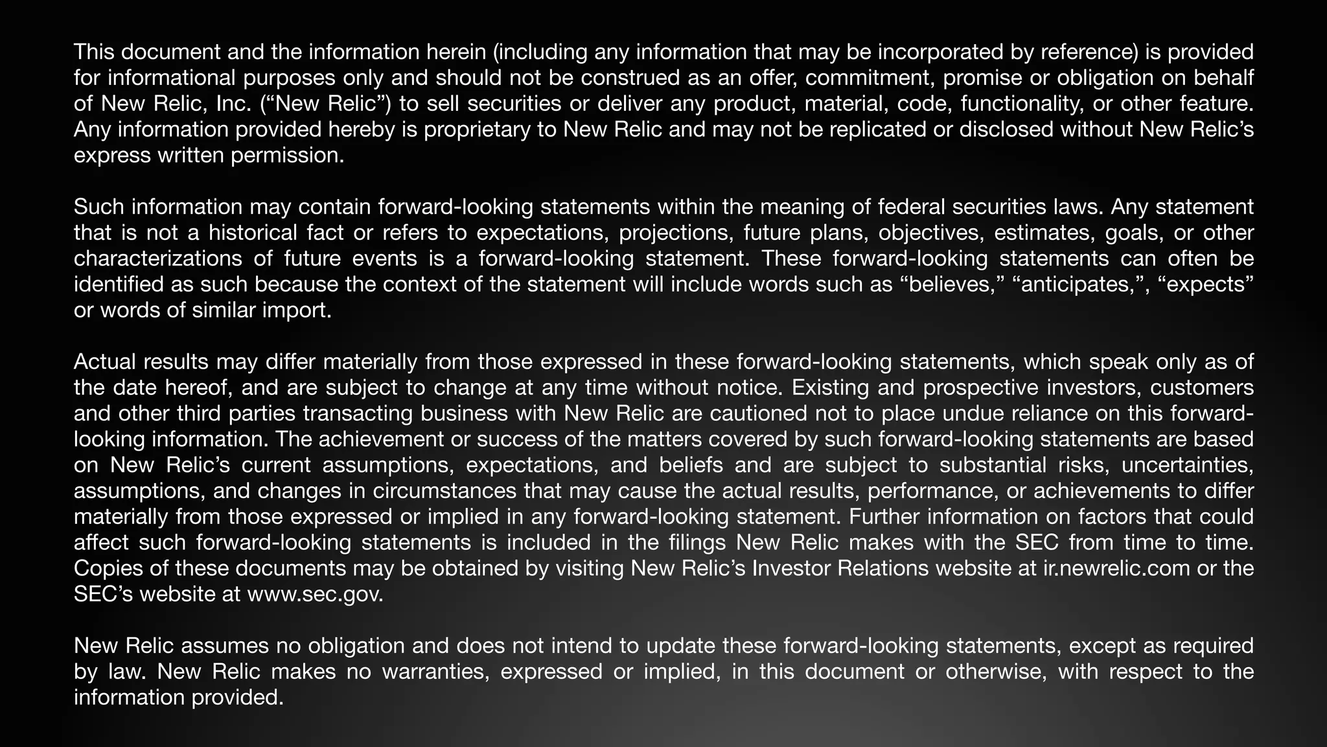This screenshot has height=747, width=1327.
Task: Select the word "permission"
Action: [x=286, y=156]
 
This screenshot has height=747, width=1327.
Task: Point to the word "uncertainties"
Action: [x=1187, y=466]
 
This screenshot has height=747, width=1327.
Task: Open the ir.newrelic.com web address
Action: [x=1117, y=569]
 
